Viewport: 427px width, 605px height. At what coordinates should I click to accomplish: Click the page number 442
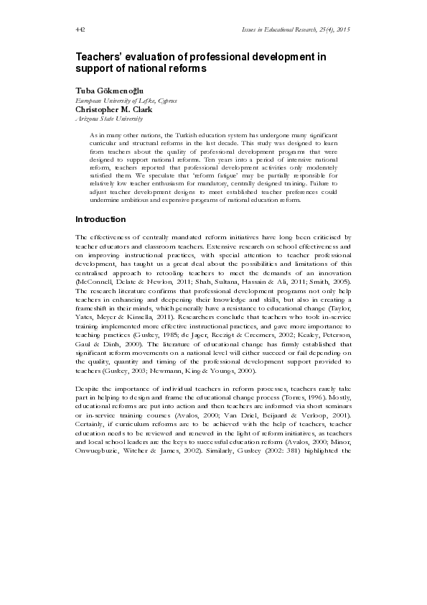[80, 29]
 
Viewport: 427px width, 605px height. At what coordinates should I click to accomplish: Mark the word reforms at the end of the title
[187, 69]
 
